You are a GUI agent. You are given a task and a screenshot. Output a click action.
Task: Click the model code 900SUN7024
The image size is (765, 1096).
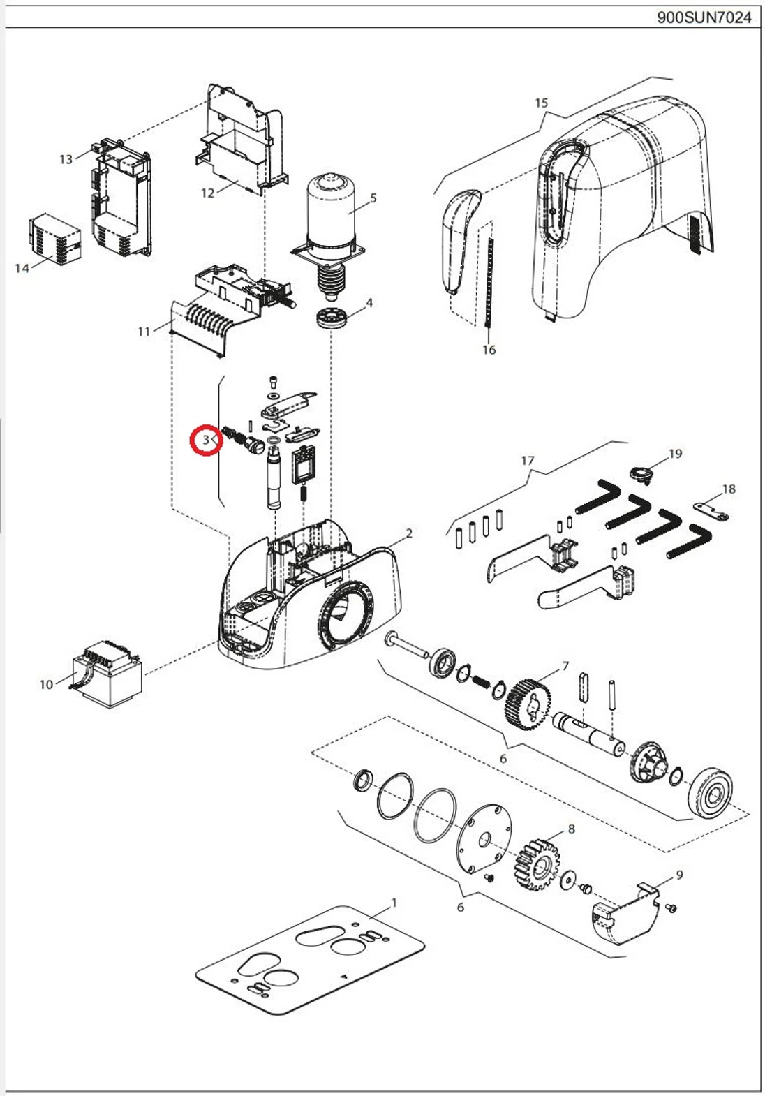point(704,17)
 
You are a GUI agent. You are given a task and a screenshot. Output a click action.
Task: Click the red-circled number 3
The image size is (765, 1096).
point(207,440)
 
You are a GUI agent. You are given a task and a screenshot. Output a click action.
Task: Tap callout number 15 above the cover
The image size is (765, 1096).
point(542,103)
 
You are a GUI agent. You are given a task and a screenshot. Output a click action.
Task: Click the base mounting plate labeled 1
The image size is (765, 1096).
point(311,960)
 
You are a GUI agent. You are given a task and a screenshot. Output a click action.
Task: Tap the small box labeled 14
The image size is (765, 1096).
point(54,239)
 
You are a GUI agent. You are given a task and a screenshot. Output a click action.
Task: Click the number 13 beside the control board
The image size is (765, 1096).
point(66,159)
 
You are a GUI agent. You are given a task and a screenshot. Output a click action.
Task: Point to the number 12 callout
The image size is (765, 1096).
point(208,193)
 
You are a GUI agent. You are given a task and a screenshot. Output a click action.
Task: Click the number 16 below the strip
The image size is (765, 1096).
point(489,350)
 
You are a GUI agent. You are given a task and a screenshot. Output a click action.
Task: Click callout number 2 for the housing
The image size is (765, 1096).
point(409,533)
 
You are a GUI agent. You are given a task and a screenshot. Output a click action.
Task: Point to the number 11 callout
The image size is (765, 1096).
point(144,332)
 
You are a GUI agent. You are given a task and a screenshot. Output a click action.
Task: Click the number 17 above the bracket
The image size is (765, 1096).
point(528,461)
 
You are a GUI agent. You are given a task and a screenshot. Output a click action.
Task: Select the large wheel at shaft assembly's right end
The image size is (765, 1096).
point(712,792)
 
